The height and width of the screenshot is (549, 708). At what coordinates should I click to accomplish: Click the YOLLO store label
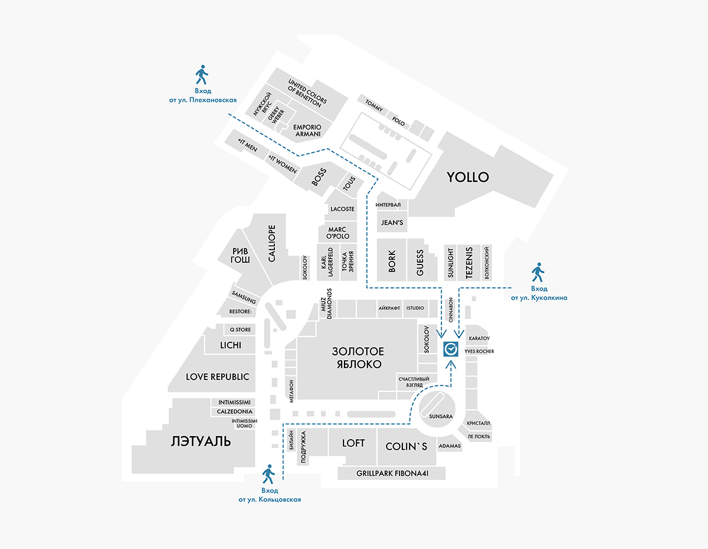tap(468, 177)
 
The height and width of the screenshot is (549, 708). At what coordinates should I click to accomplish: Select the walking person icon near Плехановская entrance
tap(202, 76)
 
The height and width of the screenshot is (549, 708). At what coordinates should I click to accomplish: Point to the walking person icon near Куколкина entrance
tap(538, 272)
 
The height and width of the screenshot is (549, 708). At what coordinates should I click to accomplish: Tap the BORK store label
tap(392, 262)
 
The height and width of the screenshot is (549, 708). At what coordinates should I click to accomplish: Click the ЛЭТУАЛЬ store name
tap(201, 442)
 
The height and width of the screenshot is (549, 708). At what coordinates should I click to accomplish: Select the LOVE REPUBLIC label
tap(218, 377)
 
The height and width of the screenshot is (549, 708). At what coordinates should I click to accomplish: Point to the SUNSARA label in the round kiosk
tap(441, 416)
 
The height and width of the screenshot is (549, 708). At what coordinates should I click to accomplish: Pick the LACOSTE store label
tap(342, 209)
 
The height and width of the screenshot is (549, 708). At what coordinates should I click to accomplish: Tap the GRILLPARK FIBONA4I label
tap(392, 473)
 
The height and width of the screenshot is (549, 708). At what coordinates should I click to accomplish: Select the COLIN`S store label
tap(406, 447)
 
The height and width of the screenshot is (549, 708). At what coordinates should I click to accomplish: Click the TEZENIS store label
tap(470, 263)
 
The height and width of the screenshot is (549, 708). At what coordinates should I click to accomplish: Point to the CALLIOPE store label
tap(272, 243)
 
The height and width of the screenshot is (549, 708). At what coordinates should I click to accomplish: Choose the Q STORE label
tap(240, 329)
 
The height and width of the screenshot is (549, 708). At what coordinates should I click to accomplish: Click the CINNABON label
tap(450, 309)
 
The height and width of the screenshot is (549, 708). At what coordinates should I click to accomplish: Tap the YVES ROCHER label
tap(479, 351)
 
